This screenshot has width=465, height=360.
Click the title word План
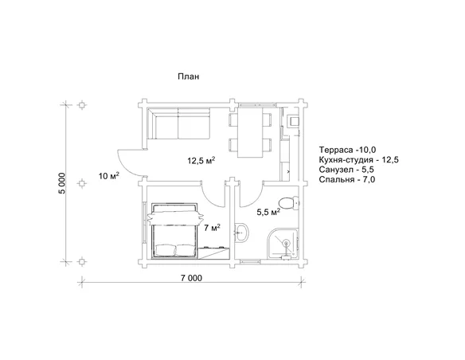pos(189,76)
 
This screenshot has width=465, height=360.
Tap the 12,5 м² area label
pos(201,160)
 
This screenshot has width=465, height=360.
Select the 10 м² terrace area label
pos(109,176)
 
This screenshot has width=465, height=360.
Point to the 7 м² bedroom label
pos(212,228)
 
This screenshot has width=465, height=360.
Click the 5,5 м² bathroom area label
pos(268,212)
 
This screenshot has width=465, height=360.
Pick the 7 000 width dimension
pos(191,278)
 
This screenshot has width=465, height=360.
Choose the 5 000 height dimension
pos(61,183)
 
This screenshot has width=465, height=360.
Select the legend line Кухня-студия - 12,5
pos(359,160)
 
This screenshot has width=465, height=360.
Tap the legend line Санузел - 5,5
pos(346,170)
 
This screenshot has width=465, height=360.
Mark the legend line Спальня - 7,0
pos(347,179)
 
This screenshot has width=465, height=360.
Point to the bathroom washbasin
pos(242,233)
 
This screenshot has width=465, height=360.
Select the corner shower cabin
pos(283,244)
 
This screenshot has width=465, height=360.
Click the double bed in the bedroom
pos(174,230)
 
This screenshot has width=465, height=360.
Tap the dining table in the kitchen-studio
pos(250,132)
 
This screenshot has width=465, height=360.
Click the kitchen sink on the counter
pos(294,121)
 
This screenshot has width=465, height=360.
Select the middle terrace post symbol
pos(81,183)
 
